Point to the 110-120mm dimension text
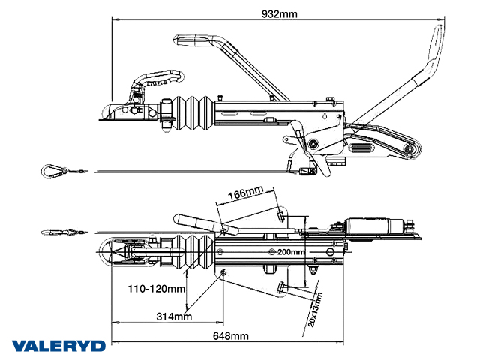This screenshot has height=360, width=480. coord(156,289)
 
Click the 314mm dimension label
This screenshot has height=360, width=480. coord(172,316)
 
